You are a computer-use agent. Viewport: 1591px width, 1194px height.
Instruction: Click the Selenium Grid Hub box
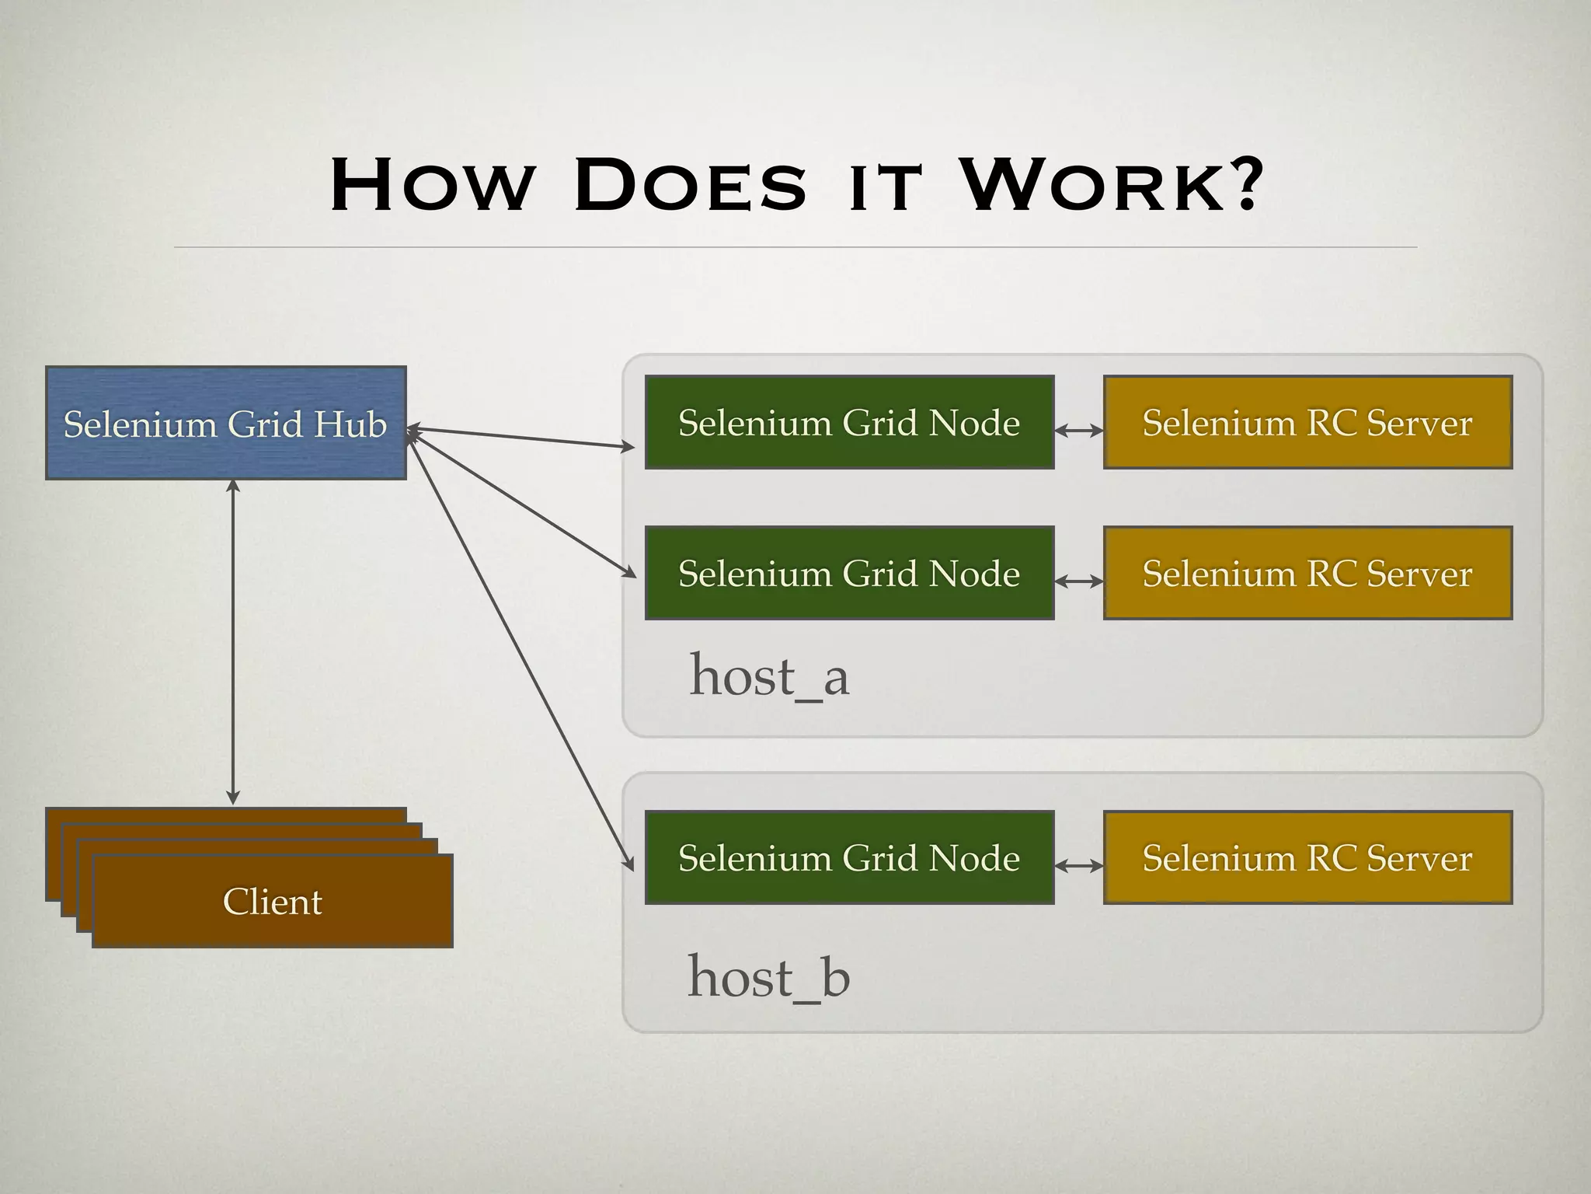225,423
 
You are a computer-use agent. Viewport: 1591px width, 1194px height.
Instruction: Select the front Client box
272,901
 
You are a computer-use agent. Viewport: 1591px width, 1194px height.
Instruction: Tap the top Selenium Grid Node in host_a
849,422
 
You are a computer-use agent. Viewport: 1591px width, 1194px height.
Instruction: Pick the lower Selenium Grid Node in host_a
849,573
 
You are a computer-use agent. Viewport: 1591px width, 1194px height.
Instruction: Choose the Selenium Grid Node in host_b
849,857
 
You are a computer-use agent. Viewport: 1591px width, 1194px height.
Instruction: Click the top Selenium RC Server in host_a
1307,422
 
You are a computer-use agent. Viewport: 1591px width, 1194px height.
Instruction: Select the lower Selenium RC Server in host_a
1307,573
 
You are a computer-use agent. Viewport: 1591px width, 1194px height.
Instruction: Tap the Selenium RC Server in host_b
1307,857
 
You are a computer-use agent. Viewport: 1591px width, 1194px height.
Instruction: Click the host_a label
769,676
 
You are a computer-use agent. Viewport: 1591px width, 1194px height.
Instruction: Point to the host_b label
769,976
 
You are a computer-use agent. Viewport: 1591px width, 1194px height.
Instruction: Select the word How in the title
432,187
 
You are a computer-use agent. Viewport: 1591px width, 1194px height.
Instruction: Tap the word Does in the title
691,187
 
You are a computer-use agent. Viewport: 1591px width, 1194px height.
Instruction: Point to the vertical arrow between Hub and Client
233,642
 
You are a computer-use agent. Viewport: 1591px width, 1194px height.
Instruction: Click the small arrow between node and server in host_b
1079,865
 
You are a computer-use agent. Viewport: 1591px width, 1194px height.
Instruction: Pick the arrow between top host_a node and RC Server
1079,430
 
